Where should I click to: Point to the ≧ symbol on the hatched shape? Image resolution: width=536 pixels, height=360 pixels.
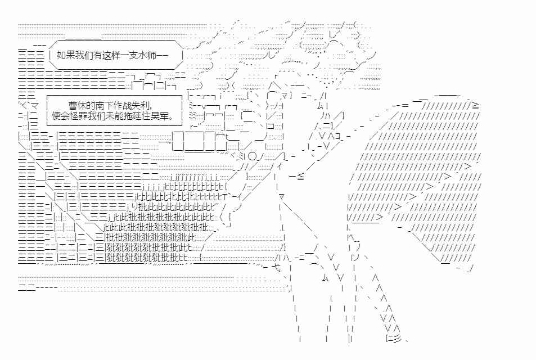pos(476,106)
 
